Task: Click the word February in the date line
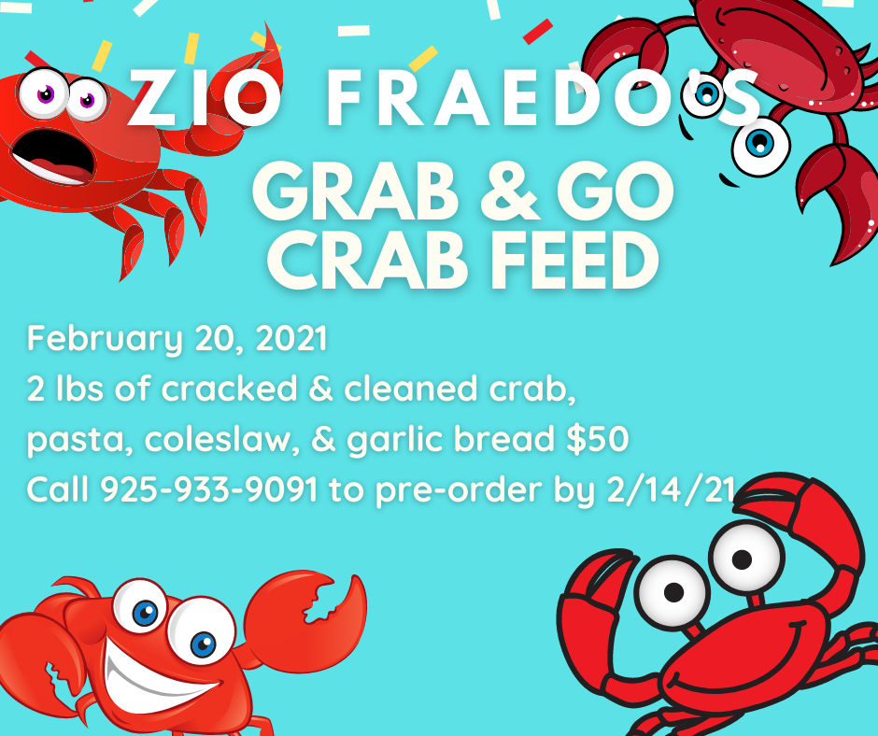coord(105,339)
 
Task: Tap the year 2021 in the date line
coord(291,338)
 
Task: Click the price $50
coord(598,439)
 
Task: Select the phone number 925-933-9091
coord(209,489)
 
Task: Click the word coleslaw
coord(219,439)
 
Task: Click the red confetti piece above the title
coord(538,32)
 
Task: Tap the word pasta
coord(79,440)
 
